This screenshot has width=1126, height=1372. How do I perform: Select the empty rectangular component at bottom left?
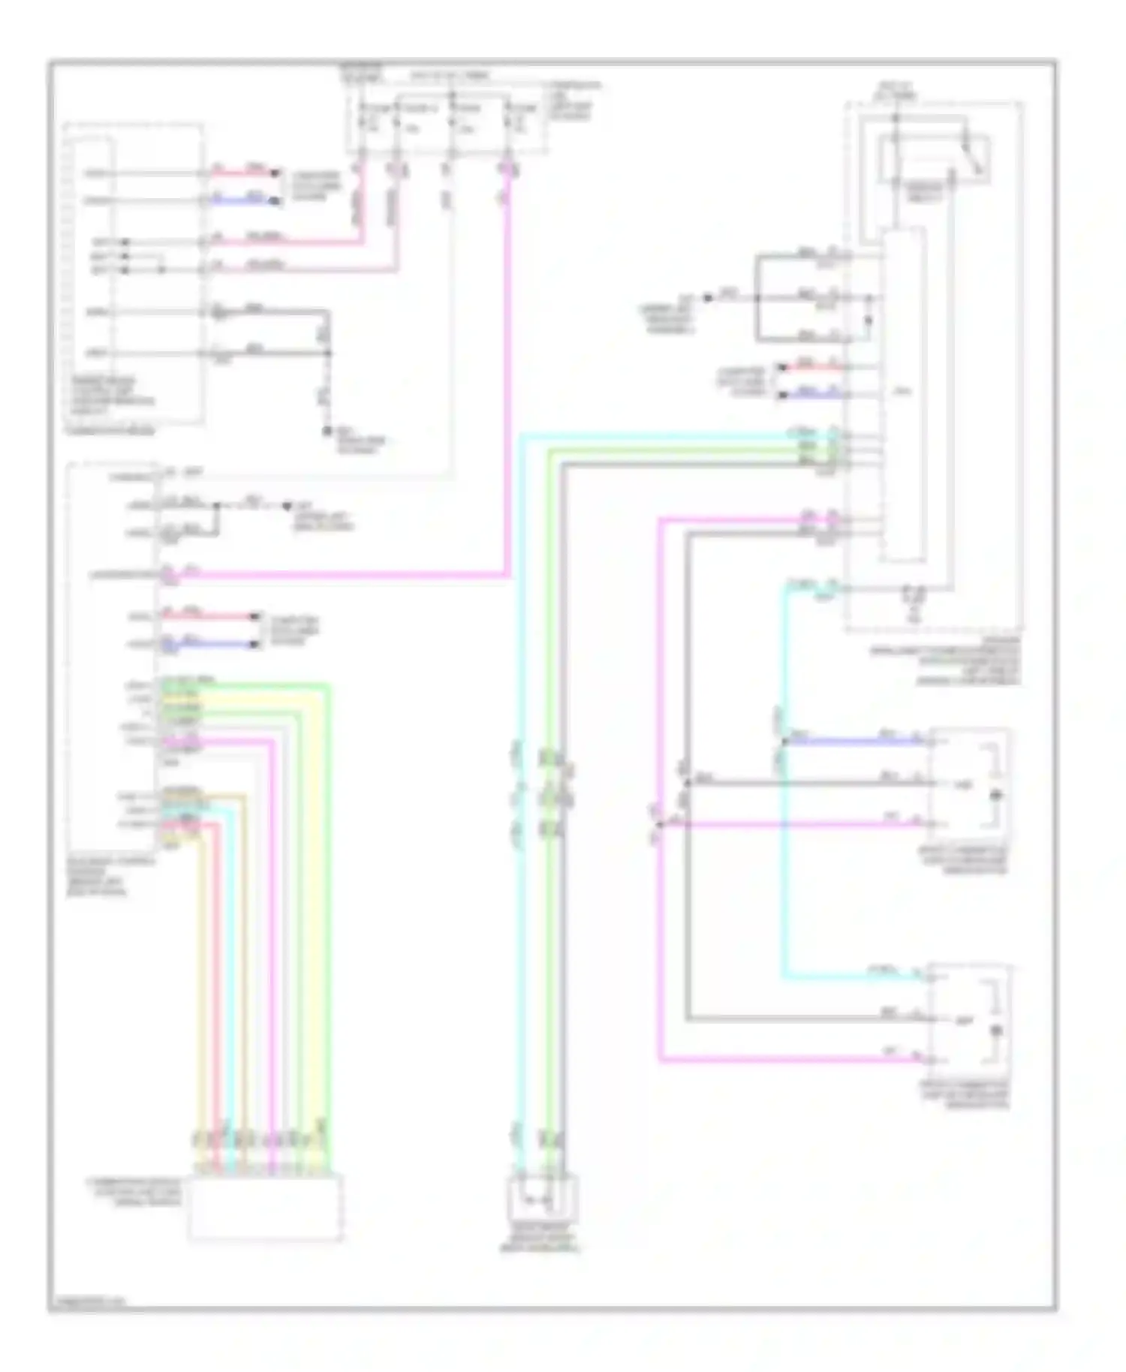pos(266,1208)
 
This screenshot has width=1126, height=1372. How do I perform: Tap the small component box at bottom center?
pos(543,1198)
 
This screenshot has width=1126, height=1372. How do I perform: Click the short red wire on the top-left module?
pos(243,173)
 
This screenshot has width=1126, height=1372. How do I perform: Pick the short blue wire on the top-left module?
pos(243,200)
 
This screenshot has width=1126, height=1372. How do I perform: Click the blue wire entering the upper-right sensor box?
pos(856,742)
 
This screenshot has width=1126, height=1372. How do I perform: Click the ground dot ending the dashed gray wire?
pos(327,432)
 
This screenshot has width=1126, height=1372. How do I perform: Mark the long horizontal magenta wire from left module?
pos(338,576)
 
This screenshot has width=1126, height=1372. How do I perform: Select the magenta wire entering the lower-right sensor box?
pos(788,1061)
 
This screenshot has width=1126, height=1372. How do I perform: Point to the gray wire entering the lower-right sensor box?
pos(803,1019)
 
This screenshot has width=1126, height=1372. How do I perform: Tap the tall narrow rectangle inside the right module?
pos(903,394)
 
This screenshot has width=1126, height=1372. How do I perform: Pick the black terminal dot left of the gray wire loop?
pos(707,298)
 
